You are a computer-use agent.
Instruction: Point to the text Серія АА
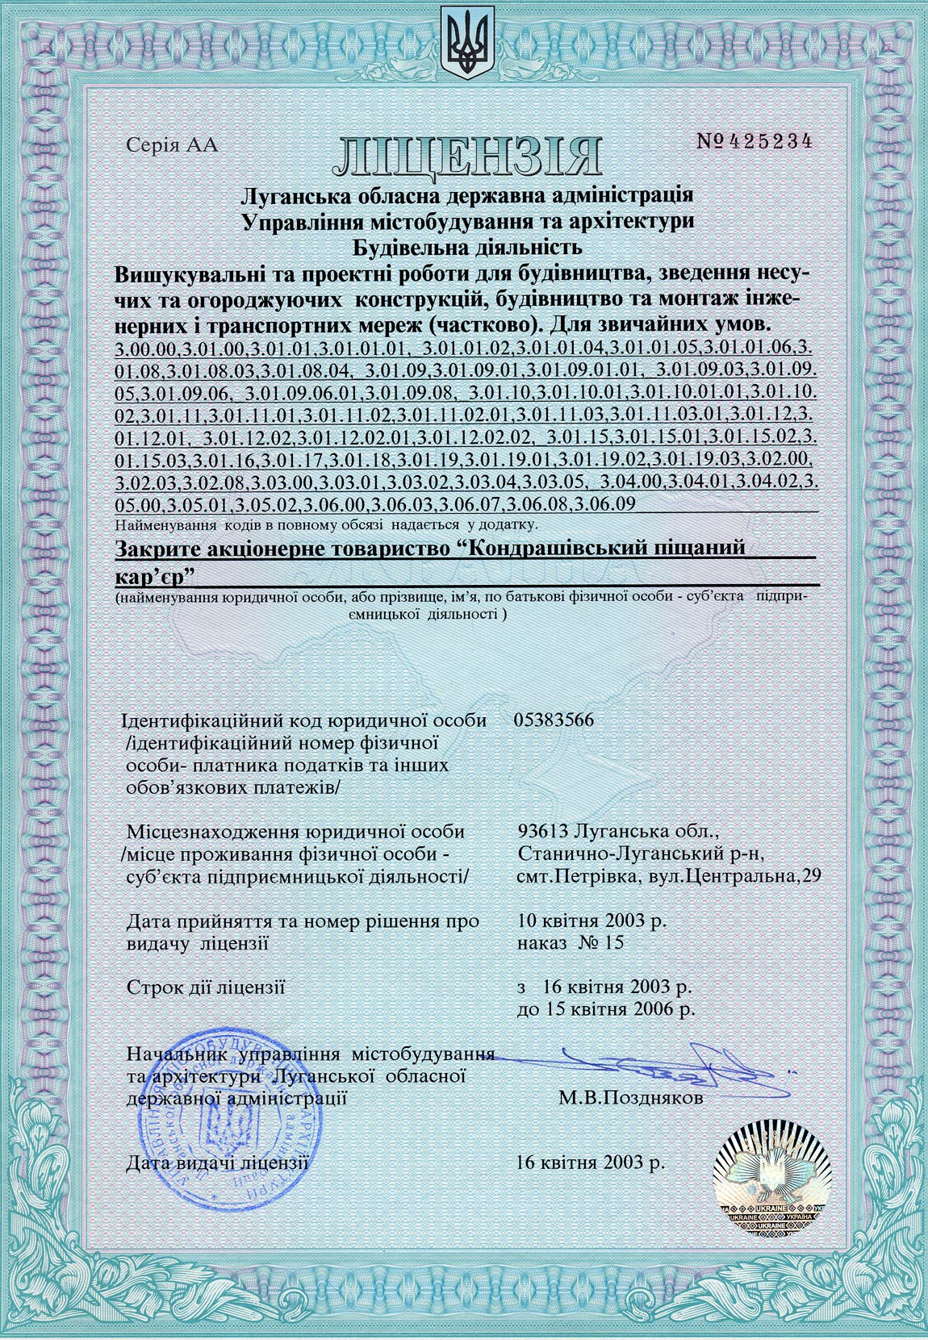[173, 146]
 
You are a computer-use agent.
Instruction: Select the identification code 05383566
[554, 720]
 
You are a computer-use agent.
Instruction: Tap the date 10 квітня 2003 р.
[591, 920]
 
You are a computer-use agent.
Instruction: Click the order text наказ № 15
[570, 942]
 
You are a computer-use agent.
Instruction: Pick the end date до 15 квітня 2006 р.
[605, 1008]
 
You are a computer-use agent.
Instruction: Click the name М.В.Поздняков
[629, 1098]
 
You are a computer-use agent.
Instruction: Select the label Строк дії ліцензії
[207, 987]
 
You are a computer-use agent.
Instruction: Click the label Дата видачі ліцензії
[218, 1163]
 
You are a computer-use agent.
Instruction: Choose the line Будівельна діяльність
[466, 247]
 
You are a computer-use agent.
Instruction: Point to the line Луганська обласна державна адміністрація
[466, 196]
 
